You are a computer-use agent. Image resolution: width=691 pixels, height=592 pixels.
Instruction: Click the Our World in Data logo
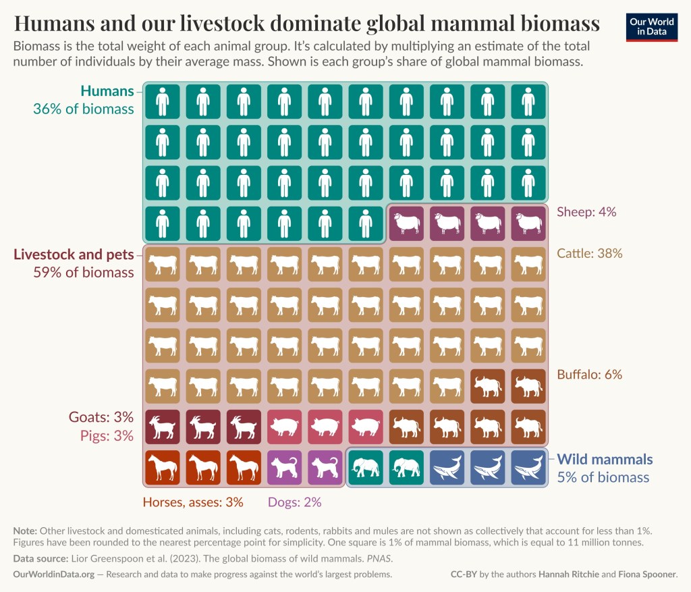[651, 26]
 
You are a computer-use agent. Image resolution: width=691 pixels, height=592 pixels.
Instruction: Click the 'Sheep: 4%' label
[586, 212]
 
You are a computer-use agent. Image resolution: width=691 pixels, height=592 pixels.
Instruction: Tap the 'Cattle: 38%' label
[589, 254]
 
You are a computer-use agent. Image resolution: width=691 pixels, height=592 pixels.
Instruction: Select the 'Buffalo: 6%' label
[589, 374]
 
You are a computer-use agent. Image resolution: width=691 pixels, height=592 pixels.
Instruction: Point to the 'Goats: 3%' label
[101, 416]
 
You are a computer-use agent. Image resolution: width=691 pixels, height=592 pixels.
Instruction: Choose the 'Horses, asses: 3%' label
[192, 502]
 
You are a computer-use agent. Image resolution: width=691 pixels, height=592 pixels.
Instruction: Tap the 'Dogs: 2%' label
[294, 502]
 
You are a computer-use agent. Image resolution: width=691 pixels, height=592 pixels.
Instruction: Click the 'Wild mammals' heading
[605, 460]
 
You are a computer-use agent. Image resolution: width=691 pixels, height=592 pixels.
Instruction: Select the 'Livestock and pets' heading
[74, 254]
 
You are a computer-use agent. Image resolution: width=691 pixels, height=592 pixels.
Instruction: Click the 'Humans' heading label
[107, 91]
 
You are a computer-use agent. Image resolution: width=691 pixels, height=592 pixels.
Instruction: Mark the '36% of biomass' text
[83, 109]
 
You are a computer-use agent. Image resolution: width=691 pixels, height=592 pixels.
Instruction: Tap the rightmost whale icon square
[528, 467]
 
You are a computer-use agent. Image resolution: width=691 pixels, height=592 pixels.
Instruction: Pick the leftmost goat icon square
[163, 427]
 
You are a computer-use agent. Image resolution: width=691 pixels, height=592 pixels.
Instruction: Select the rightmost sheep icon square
[528, 223]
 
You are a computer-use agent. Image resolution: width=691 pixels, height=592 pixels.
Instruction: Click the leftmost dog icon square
[284, 467]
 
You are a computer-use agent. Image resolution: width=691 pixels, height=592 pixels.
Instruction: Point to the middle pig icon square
[325, 427]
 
